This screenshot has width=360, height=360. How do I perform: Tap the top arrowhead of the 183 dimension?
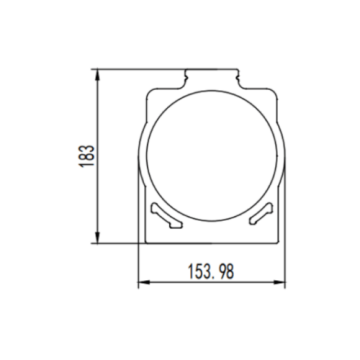[x=98, y=73]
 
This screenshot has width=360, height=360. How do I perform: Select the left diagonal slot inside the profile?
[x=164, y=213]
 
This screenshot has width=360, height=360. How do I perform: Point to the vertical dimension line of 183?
[x=98, y=120]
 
